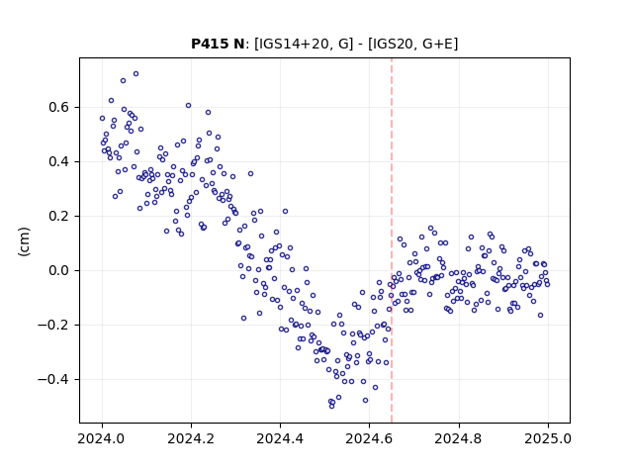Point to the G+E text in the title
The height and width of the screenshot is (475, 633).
click(437, 44)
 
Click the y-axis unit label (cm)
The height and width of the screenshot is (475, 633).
click(24, 241)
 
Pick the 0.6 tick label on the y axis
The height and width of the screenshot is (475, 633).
click(59, 108)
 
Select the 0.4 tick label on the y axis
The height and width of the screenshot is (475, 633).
click(59, 161)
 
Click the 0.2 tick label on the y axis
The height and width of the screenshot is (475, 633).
click(59, 216)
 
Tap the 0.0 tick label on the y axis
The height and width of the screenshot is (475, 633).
click(59, 270)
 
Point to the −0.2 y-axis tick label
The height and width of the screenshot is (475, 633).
click(54, 325)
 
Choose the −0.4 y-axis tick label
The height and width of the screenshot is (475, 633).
click(54, 379)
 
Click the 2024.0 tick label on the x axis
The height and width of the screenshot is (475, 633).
click(102, 438)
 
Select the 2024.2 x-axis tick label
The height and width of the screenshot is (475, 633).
click(191, 438)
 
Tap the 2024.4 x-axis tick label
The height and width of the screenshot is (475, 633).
click(280, 438)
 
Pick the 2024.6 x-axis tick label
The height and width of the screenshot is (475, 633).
click(369, 438)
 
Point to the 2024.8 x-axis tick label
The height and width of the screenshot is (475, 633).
click(459, 438)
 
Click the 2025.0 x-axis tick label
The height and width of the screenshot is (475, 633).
click(548, 438)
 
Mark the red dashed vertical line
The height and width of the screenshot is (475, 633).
click(392, 240)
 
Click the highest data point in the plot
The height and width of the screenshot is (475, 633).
click(136, 74)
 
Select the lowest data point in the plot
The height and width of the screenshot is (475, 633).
click(332, 406)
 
